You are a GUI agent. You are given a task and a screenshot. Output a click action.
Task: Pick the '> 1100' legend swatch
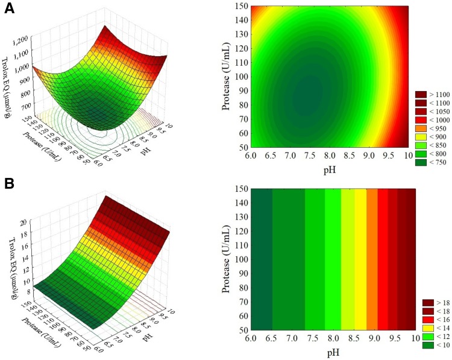pos(419,94)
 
